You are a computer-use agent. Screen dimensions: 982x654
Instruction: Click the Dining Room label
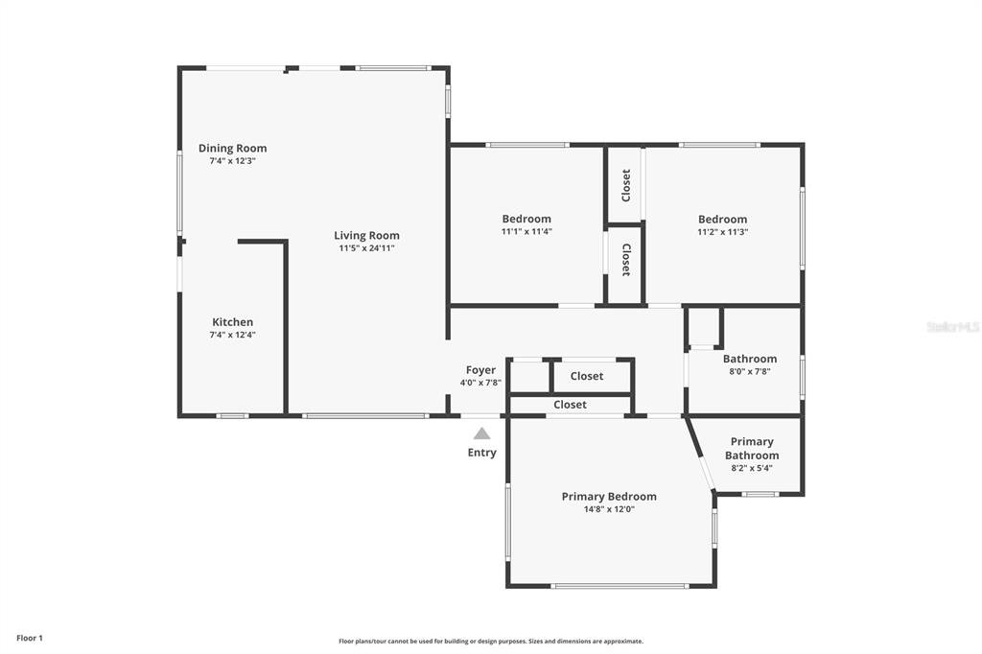click(x=232, y=149)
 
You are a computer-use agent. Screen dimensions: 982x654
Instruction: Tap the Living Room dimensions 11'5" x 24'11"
click(x=366, y=248)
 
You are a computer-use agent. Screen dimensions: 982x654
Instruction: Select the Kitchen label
click(x=232, y=322)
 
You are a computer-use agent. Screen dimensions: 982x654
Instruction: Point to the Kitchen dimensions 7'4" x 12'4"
click(x=232, y=335)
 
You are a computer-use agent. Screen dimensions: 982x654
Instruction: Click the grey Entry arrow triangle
click(x=481, y=432)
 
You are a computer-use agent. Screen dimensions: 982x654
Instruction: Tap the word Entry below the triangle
click(x=481, y=453)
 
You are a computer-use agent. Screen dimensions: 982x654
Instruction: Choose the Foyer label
click(x=480, y=370)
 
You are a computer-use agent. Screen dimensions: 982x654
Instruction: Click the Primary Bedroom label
click(x=609, y=497)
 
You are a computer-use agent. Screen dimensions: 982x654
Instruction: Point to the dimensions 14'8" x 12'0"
click(x=609, y=509)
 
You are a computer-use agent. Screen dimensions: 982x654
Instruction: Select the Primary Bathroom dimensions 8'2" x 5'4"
click(x=752, y=468)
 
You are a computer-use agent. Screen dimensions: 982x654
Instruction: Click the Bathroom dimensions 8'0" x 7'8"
click(x=750, y=371)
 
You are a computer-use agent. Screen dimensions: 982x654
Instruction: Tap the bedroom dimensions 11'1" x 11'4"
click(x=526, y=232)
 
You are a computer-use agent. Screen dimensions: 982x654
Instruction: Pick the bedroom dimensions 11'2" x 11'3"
click(x=723, y=232)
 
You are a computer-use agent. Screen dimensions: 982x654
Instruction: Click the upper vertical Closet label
click(x=625, y=185)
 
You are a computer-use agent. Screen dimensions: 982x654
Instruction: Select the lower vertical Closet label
click(x=625, y=259)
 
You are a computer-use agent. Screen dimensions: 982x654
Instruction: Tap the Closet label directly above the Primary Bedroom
click(x=570, y=405)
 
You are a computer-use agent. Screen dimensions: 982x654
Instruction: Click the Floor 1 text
click(x=30, y=639)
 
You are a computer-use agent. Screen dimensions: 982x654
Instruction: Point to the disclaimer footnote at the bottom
click(x=491, y=642)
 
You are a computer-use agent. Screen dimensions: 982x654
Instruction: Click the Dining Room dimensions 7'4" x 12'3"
click(x=232, y=161)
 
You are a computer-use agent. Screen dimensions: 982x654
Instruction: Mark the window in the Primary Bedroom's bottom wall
click(x=620, y=586)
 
